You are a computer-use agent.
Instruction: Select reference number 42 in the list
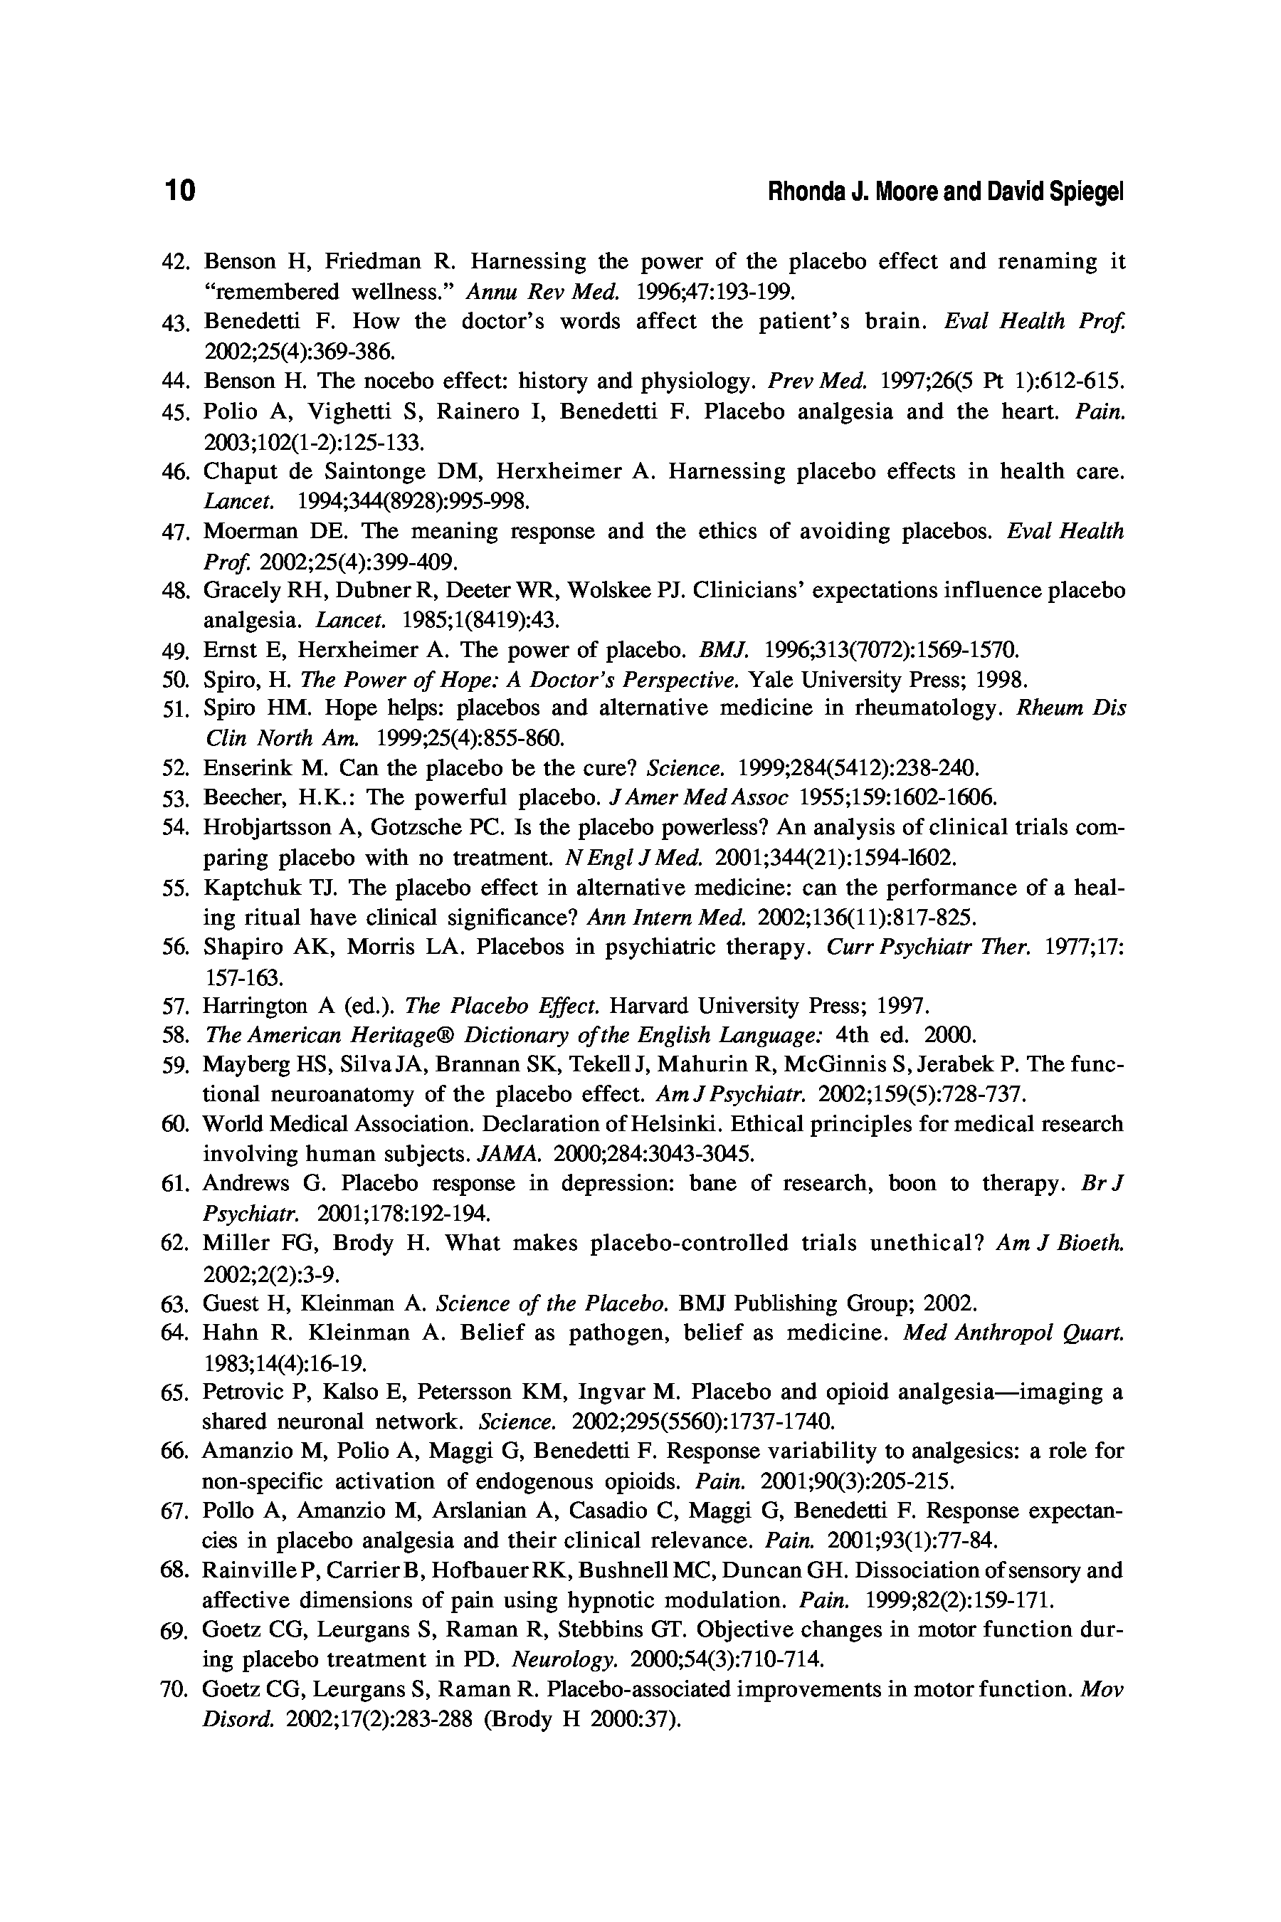(176, 261)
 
